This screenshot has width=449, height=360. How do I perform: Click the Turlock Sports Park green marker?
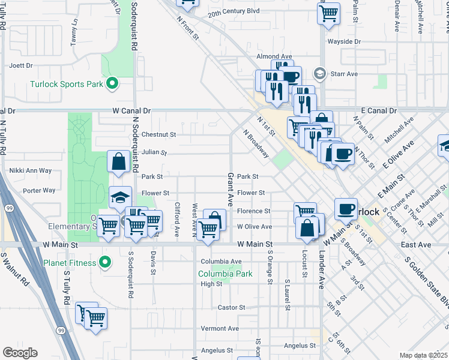111,84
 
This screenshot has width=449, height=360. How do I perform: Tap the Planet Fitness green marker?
105,262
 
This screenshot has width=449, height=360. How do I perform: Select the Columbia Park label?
225,274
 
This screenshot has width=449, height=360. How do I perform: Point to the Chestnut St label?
158,135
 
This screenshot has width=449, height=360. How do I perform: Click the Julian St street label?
154,152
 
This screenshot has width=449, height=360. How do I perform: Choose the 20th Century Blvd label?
234,11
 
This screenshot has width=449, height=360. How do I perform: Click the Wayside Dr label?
343,41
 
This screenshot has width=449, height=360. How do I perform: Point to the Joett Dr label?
20,65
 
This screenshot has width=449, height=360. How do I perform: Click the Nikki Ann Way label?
31,170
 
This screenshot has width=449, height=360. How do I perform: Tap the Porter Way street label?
39,191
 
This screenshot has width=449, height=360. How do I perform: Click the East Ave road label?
416,245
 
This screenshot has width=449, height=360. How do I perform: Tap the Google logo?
19,353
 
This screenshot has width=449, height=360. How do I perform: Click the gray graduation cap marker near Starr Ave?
320,74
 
